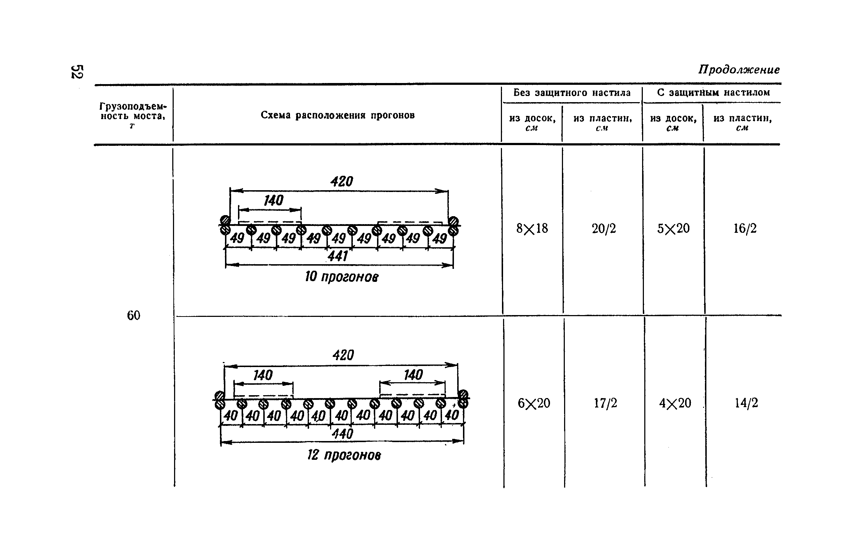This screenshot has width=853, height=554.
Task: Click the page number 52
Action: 77,71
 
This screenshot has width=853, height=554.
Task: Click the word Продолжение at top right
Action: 739,69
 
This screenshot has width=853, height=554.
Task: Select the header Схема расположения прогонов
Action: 337,115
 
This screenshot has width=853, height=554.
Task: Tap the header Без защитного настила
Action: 572,93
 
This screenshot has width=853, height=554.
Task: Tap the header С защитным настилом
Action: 713,92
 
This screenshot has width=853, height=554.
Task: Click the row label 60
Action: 133,315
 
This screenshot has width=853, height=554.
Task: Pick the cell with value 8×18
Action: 532,228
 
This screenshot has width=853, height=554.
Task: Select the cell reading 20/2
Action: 604,228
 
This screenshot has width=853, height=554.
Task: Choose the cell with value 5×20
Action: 673,228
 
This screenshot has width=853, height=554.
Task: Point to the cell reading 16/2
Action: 745,228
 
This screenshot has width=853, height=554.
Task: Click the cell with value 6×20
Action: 534,403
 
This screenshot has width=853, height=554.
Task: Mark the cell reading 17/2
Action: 606,403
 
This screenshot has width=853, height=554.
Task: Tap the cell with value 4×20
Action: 675,403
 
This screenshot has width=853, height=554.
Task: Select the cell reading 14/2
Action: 746,403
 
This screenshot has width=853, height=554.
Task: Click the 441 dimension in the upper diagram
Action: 338,256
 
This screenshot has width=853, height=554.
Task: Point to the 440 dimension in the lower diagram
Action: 342,434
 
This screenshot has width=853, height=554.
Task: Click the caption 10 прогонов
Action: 342,277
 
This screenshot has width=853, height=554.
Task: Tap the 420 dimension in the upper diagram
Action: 341,182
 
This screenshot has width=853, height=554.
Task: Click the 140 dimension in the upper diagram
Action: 273,201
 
